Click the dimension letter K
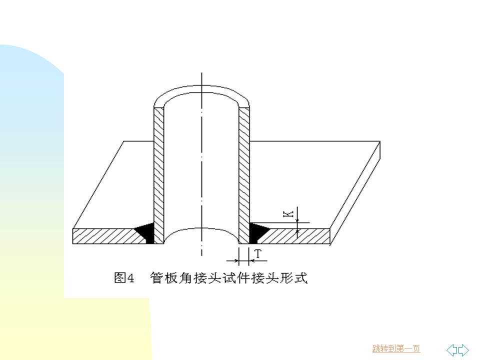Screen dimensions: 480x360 (288, 213)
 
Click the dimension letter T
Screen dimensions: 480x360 (258, 254)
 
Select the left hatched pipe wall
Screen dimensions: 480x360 (159, 175)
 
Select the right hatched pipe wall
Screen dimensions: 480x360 (244, 175)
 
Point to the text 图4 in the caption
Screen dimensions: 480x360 (124, 278)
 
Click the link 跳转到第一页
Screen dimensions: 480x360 (396, 348)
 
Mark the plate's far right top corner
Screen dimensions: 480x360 (380, 141)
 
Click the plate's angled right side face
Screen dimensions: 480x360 (355, 193)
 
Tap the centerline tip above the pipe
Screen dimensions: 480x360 (201, 73)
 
